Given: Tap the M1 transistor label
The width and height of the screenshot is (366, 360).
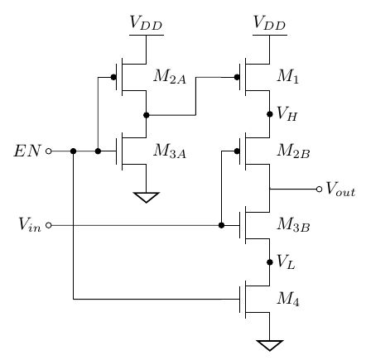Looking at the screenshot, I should coord(289,77).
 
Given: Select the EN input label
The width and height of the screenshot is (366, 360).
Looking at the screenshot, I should coord(26,151).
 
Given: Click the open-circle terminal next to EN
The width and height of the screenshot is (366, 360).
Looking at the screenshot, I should coord(48,151).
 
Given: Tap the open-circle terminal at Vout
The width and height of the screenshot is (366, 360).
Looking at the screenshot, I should coord(319,189).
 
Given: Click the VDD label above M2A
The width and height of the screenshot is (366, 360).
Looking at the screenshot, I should coord(146,26).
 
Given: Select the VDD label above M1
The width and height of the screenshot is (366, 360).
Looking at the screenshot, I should coord(269,26).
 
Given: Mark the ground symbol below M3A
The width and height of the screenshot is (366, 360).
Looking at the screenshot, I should coord(146,197).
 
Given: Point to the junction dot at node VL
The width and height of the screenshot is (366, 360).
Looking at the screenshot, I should coord(270,262).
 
